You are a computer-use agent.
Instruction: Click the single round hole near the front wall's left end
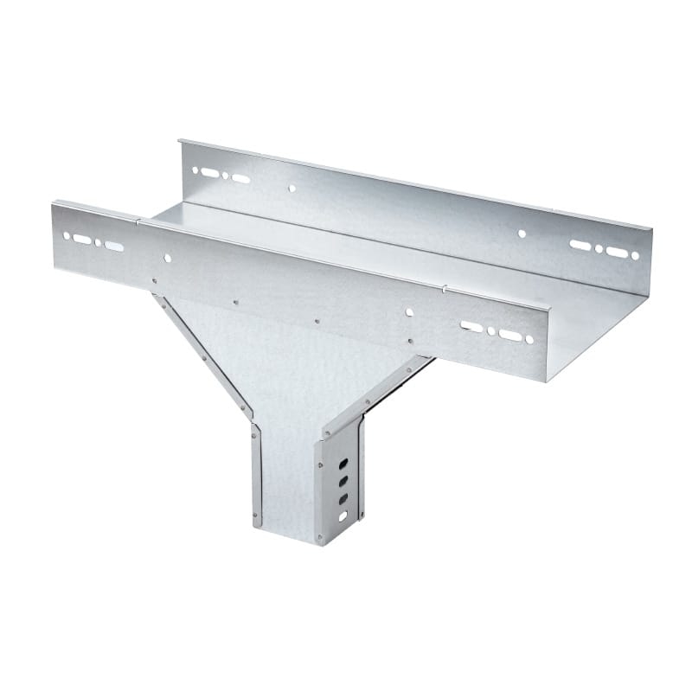167,258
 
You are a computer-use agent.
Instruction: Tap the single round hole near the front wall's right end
409,312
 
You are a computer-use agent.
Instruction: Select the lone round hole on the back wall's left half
292,188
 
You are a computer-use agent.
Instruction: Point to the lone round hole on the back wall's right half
522,234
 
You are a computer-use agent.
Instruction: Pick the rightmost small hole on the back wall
634,255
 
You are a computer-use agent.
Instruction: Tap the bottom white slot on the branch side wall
343,516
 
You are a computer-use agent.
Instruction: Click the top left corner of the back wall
179,139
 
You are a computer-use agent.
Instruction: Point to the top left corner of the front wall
53,202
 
